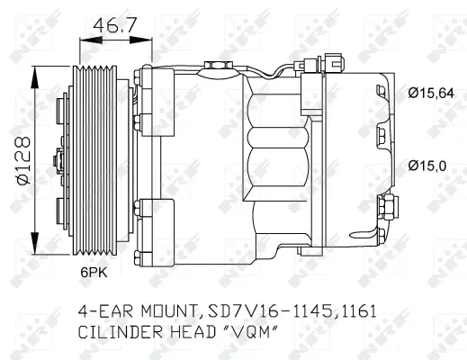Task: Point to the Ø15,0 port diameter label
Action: pyautogui.click(x=426, y=165)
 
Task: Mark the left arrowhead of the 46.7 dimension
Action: pyautogui.click(x=85, y=39)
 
